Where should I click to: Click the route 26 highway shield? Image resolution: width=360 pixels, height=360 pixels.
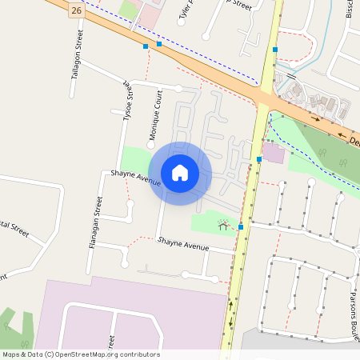click(75, 10)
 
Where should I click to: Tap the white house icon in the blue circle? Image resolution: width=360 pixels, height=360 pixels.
click(180, 173)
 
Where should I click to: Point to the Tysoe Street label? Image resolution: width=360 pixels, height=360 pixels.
click(127, 99)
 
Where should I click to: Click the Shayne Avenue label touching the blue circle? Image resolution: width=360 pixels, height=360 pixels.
click(135, 178)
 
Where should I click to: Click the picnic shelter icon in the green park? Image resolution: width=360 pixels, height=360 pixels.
click(223, 226)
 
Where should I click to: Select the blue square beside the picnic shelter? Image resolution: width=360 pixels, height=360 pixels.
click(240, 227)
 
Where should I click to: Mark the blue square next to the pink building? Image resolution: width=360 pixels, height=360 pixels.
click(259, 159)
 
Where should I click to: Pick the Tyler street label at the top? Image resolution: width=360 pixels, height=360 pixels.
click(186, 10)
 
